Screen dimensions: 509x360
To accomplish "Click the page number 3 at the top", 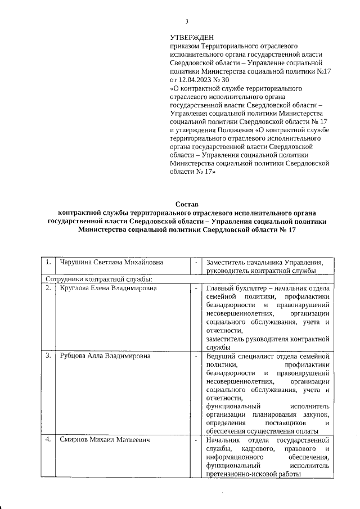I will click(187, 21).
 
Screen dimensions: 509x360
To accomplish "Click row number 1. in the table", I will click(49, 263).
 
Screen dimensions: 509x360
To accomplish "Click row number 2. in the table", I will click(49, 289).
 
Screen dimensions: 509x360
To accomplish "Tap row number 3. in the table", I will click(49, 355).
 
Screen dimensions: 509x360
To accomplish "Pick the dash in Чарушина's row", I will click(196, 263).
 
